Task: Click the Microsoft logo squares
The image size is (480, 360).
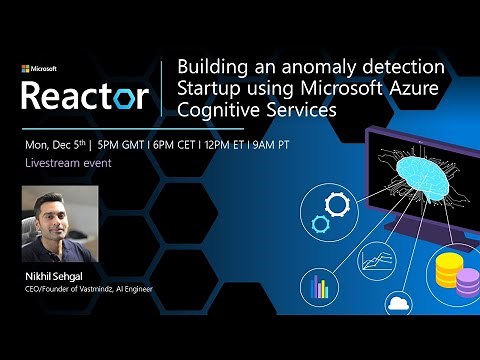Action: pyautogui.click(x=26, y=69)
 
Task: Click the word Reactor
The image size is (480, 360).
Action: pyautogui.click(x=85, y=96)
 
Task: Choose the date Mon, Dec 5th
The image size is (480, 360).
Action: pyautogui.click(x=61, y=143)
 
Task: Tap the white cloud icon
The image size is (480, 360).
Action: pyautogui.click(x=396, y=303)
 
